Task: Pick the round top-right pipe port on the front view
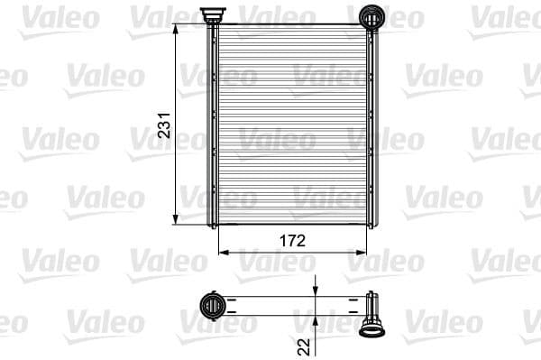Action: [x=371, y=16]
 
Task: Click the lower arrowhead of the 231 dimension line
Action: [x=175, y=219]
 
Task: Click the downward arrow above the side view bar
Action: [x=314, y=288]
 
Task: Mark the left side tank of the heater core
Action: [x=214, y=126]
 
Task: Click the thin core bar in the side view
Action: [x=289, y=304]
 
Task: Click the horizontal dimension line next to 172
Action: [x=261, y=252]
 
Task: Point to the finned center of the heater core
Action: [x=290, y=126]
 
